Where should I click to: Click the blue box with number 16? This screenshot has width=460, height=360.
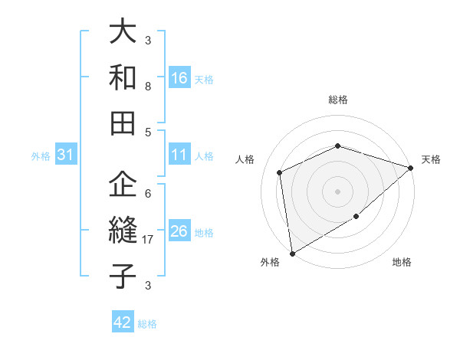179,77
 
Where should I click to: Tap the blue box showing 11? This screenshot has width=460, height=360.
179,155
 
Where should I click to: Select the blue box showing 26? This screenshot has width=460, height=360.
179,231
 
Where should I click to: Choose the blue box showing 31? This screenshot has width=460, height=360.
66,155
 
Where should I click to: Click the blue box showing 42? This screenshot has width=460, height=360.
123,322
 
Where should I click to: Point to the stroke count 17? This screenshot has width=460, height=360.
149,240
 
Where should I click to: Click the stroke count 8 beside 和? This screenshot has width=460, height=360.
148,87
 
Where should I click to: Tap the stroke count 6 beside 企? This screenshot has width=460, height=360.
148,193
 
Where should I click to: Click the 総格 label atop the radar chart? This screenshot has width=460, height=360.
338,100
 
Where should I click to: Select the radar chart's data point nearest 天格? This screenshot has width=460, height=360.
411,169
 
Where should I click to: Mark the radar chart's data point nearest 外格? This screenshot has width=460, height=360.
292,254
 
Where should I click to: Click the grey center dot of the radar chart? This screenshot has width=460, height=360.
337,191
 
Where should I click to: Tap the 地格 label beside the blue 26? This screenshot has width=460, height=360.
204,233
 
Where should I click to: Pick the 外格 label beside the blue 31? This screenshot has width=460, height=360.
41,156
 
